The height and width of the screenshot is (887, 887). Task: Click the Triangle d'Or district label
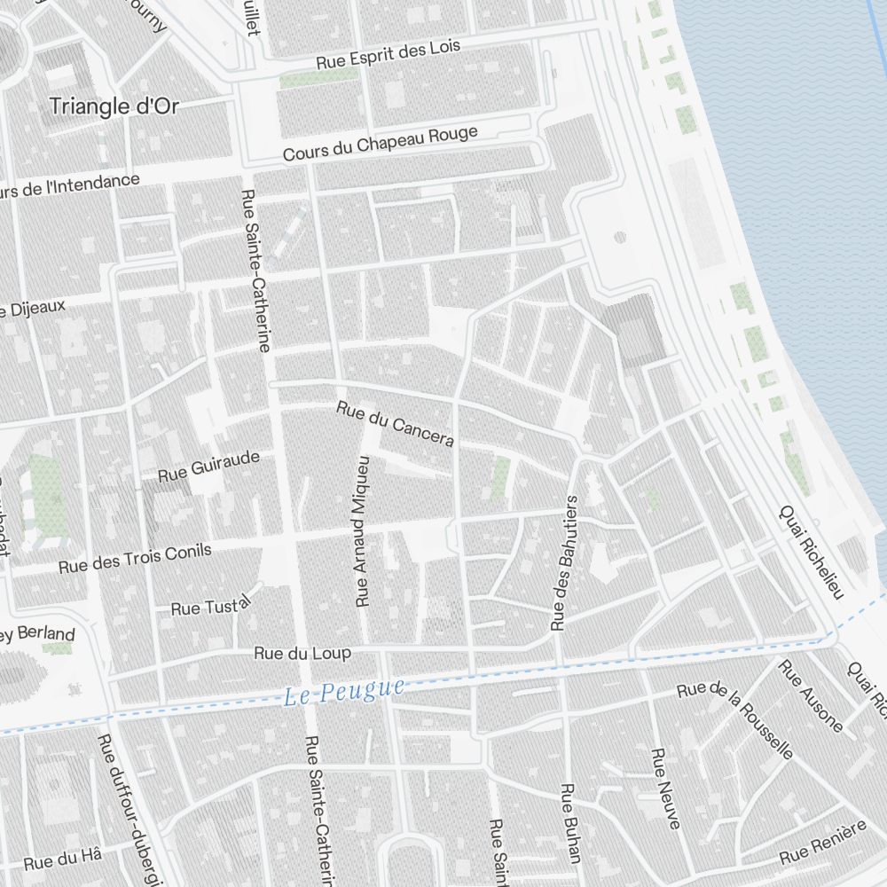tap(114, 106)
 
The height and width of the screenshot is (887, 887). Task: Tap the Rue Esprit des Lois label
tap(389, 55)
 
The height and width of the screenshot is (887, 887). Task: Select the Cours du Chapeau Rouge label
tap(380, 143)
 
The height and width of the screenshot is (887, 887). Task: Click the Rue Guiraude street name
tap(209, 467)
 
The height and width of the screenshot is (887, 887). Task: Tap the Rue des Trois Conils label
tap(135, 559)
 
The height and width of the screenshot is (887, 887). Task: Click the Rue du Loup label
tap(302, 653)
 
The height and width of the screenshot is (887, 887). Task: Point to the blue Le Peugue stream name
tap(344, 691)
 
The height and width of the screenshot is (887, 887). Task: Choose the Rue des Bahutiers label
tap(564, 562)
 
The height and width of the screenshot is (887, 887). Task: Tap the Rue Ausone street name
tap(811, 697)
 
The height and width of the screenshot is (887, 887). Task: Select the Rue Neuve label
tap(665, 789)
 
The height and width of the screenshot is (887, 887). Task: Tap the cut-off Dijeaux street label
tap(33, 309)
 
